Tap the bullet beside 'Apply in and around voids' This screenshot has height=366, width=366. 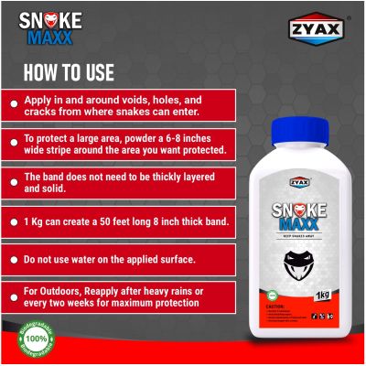tap(13, 104)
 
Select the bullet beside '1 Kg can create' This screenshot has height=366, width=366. tap(13, 222)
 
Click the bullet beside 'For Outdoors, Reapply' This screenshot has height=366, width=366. tap(13, 298)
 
